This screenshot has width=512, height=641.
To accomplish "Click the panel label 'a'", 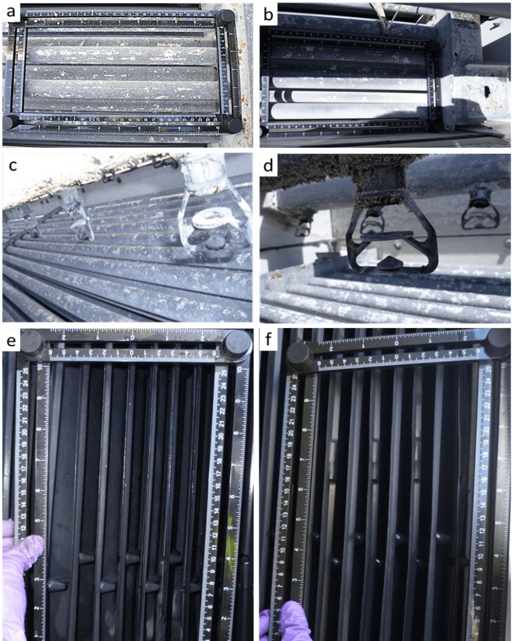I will pyautogui.click(x=12, y=12).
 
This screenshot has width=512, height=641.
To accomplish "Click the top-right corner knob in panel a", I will pyautogui.click(x=226, y=16).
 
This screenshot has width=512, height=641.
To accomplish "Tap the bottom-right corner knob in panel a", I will pyautogui.click(x=233, y=125).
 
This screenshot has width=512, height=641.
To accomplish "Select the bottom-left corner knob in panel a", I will pyautogui.click(x=10, y=121).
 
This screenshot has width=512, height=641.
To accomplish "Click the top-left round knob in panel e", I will pyautogui.click(x=32, y=343).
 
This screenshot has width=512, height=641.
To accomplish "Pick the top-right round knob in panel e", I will pyautogui.click(x=238, y=343).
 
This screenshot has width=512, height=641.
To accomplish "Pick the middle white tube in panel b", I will pyautogui.click(x=350, y=97).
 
